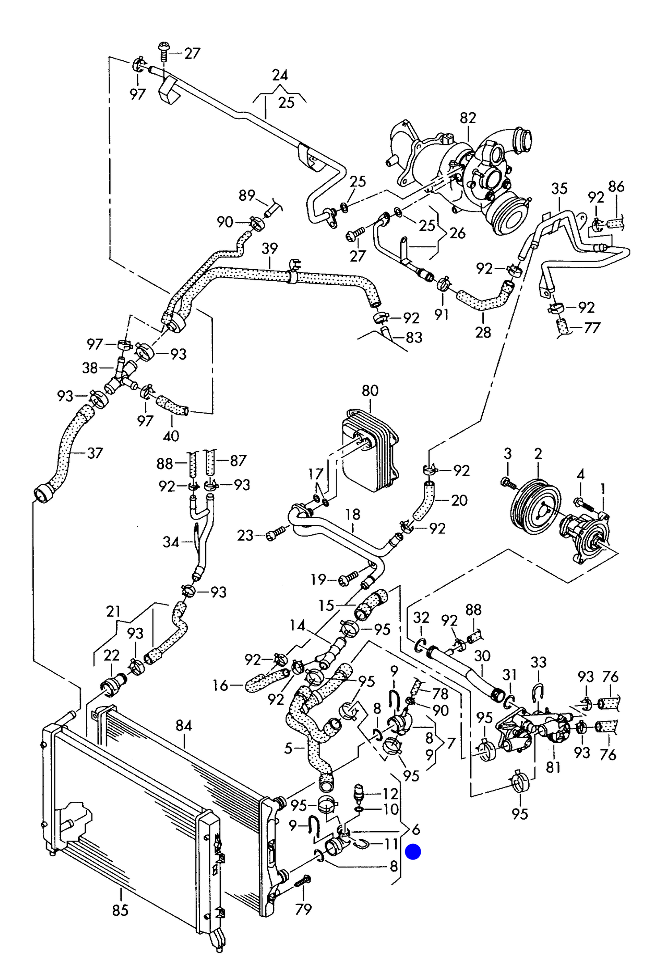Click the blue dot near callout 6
[413, 851]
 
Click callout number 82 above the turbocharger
[468, 118]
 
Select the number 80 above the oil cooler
[370, 390]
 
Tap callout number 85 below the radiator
[120, 910]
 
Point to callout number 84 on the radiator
[184, 725]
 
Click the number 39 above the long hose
[270, 248]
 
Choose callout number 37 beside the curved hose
[95, 453]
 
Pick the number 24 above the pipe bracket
[280, 75]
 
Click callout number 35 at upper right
[559, 188]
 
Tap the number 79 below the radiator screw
[304, 909]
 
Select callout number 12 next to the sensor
[390, 793]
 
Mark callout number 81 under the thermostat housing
[553, 767]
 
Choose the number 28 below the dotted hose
[483, 332]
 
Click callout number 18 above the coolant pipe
[353, 514]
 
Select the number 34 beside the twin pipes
[171, 542]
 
